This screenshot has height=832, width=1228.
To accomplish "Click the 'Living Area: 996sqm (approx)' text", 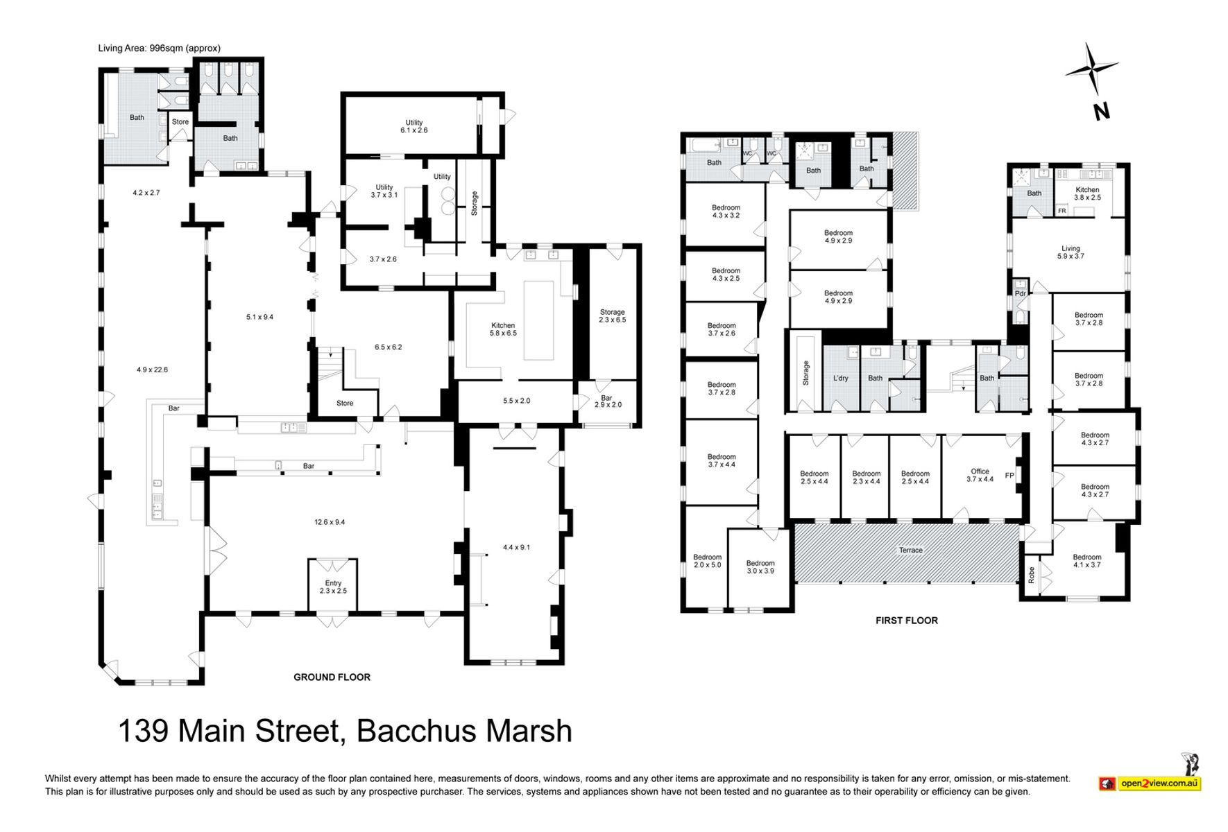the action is [159, 49].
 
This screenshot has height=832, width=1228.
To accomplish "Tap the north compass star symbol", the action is [1091, 69].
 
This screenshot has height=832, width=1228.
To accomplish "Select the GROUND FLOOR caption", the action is [332, 677].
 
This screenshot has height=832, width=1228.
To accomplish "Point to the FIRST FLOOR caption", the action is [906, 621].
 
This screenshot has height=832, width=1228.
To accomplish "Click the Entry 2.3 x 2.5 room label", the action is [333, 587].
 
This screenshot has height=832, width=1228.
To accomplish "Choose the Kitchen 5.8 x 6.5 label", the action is [503, 329].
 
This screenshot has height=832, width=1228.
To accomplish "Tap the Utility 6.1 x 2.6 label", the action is [414, 126].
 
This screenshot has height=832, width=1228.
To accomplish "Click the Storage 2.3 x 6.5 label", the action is [613, 316].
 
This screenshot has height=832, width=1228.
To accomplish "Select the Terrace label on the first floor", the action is [911, 551].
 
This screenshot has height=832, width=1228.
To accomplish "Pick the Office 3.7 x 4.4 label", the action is [980, 475].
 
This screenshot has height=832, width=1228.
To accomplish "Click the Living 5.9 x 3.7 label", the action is [1071, 252].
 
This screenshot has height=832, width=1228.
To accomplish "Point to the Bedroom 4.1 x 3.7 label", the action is [1086, 561].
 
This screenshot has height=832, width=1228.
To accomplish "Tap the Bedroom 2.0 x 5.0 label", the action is [707, 561].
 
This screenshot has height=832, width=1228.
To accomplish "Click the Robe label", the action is [1032, 575].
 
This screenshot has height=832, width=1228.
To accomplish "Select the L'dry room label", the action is [840, 379].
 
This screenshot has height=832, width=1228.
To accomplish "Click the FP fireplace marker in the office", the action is [1009, 476].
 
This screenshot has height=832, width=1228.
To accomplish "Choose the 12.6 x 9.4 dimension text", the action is [330, 523].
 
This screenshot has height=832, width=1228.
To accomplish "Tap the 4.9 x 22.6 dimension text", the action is [152, 370].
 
